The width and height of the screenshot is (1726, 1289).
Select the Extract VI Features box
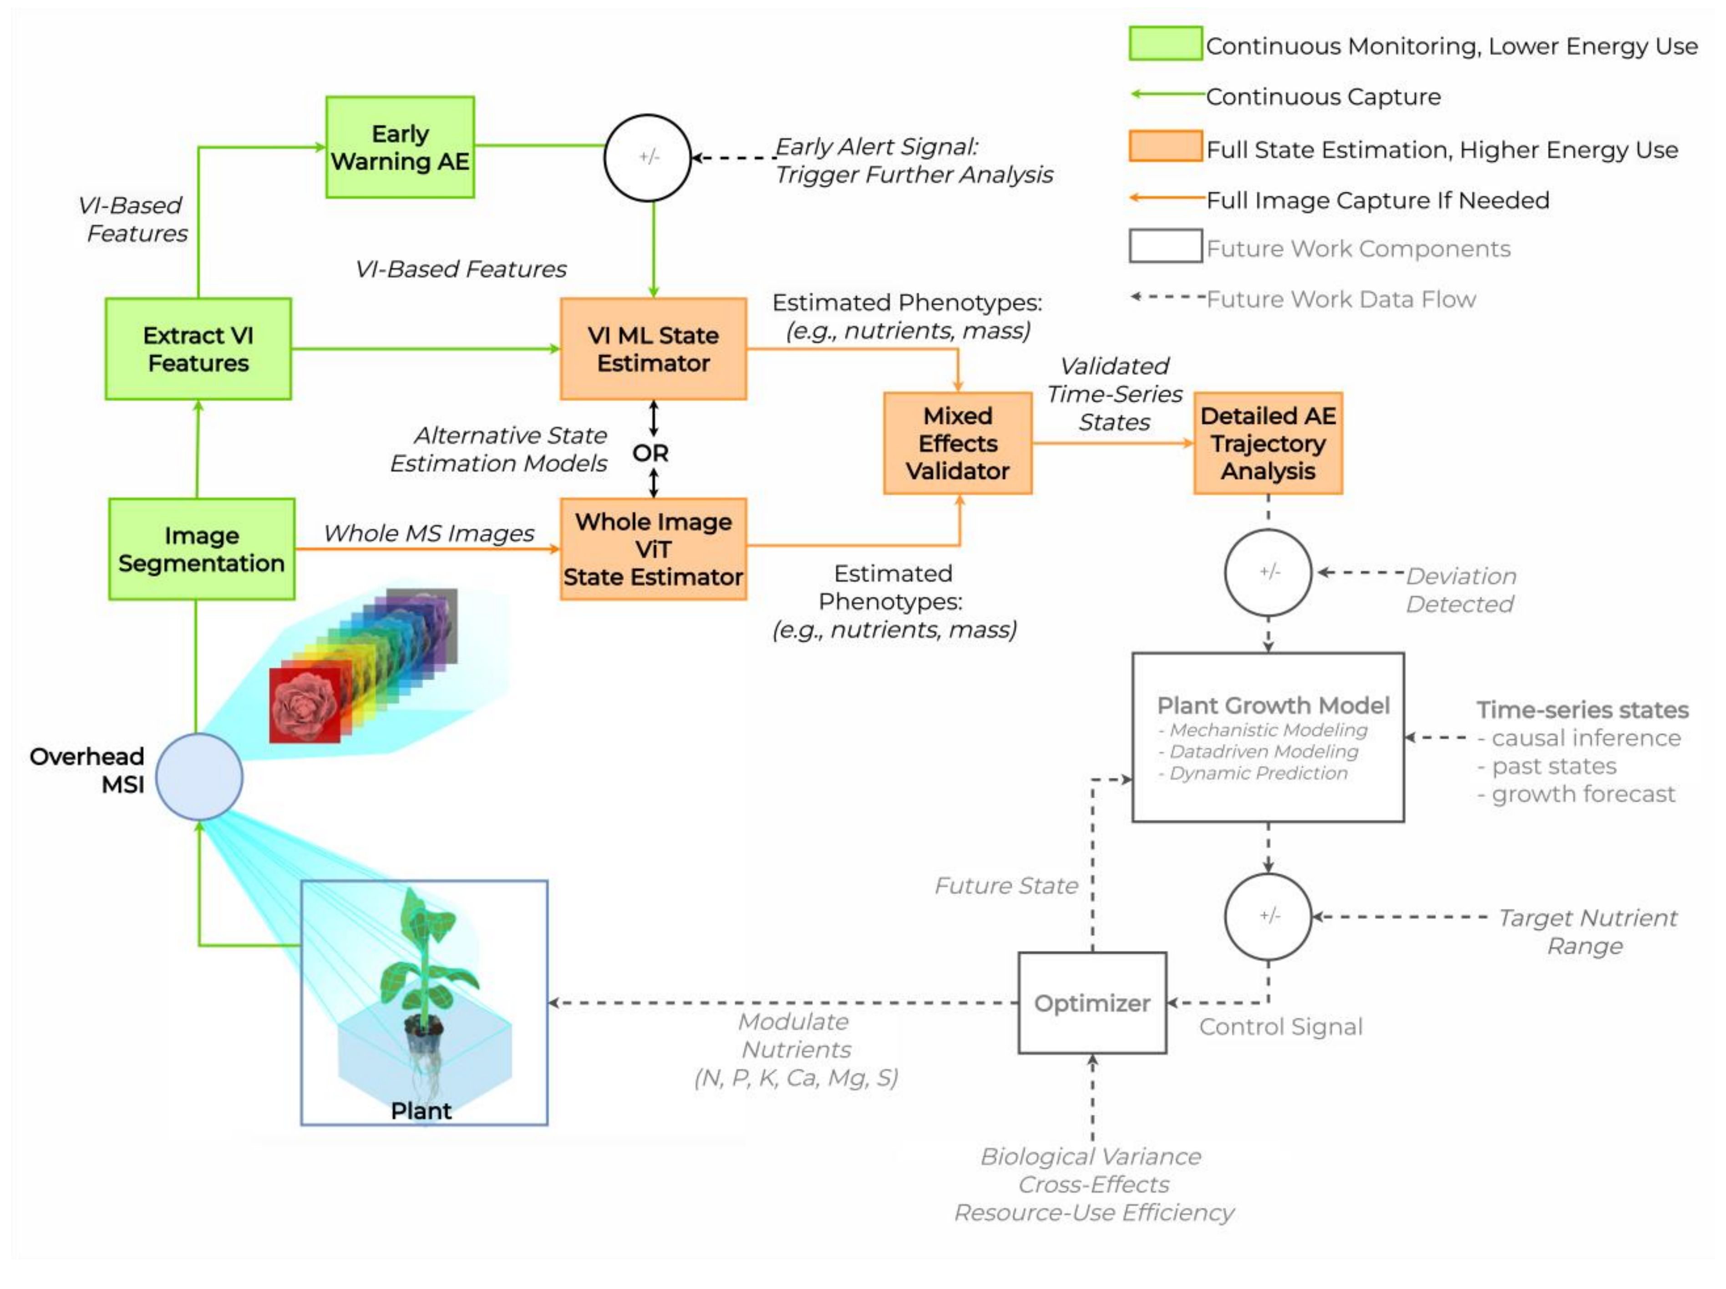[x=198, y=349]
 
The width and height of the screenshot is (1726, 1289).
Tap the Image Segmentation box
[x=201, y=549]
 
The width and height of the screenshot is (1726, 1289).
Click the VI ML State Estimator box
[x=653, y=349]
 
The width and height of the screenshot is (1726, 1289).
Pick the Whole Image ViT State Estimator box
[x=653, y=549]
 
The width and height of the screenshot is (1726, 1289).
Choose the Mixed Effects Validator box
[x=957, y=443]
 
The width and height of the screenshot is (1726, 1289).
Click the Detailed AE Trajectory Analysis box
[x=1268, y=443]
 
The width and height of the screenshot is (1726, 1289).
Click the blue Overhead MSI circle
[x=199, y=776]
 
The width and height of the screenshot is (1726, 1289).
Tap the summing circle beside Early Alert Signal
[x=648, y=157]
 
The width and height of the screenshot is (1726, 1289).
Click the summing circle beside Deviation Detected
[x=1268, y=573]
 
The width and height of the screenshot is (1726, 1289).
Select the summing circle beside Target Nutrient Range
[x=1268, y=916]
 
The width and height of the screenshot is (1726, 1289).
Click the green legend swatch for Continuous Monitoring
[x=1165, y=44]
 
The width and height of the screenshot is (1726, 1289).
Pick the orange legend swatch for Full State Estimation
[x=1165, y=147]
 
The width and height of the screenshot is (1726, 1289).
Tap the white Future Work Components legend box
[x=1165, y=246]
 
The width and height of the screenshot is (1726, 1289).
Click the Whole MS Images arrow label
[x=428, y=533]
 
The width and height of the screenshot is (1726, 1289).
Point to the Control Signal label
[x=1280, y=1027]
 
